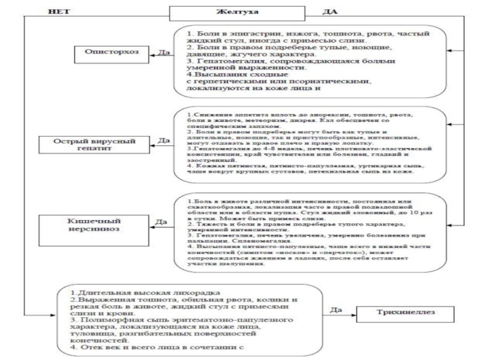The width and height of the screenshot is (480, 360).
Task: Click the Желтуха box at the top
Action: pos(239,13)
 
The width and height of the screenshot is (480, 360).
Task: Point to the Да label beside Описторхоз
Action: pos(162,53)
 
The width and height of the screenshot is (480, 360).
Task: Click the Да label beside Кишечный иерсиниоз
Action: pos(161,222)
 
